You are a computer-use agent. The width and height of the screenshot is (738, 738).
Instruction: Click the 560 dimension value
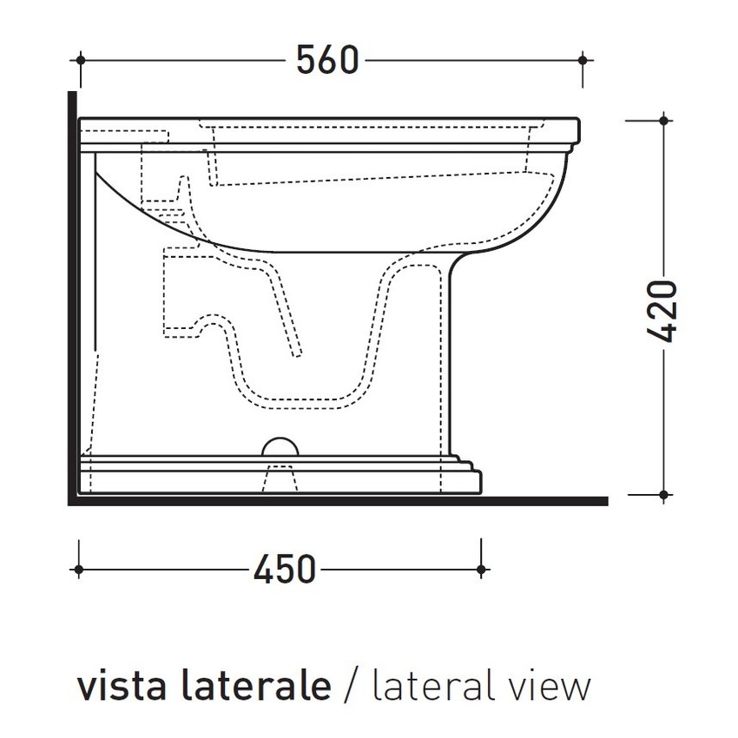(x=326, y=60)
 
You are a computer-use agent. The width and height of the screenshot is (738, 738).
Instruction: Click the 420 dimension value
(x=663, y=310)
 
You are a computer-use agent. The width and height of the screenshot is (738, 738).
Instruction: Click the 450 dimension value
(x=284, y=570)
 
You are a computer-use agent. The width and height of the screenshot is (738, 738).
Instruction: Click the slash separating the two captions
(x=351, y=686)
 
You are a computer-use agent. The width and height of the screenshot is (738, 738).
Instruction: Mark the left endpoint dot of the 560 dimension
(x=81, y=60)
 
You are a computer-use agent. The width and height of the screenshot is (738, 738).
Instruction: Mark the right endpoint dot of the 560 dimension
(x=583, y=60)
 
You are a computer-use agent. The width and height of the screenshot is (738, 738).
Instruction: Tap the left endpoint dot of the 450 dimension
(x=80, y=570)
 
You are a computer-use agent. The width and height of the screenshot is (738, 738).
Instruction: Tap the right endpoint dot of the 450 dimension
(x=482, y=570)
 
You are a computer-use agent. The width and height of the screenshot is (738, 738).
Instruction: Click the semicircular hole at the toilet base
(x=280, y=446)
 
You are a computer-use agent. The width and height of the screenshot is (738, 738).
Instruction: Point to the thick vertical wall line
(x=70, y=295)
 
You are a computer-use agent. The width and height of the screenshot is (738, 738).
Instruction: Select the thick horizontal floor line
(x=339, y=500)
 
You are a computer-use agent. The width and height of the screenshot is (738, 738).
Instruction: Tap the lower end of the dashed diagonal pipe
(x=298, y=353)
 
